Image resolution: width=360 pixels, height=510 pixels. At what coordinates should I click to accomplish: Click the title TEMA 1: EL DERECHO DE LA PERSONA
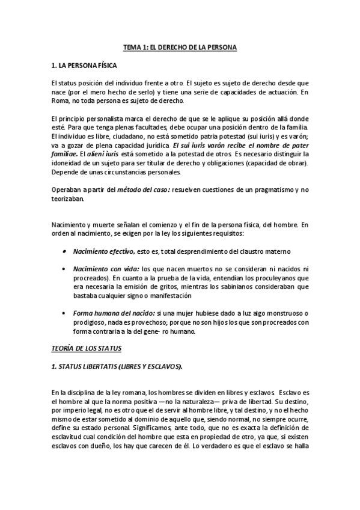pyautogui.click(x=180, y=46)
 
